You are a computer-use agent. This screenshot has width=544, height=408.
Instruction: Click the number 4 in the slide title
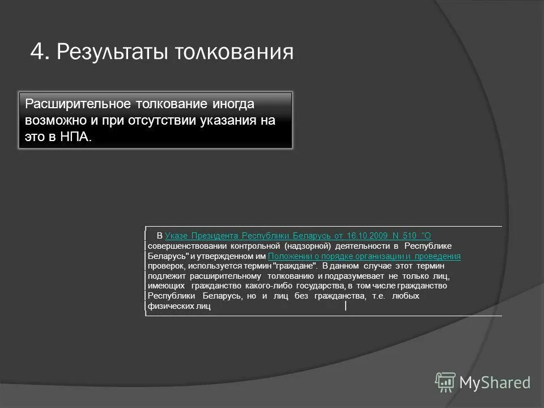tap(37, 52)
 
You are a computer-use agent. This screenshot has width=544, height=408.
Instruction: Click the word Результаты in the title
tap(110, 53)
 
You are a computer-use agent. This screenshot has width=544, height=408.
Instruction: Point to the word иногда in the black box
tap(232, 105)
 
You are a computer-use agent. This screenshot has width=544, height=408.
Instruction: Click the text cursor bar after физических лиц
tap(346, 307)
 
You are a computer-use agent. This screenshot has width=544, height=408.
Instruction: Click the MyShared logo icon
tap(445, 382)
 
